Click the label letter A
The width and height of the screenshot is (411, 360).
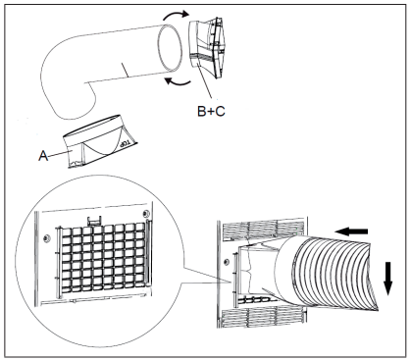[43, 156]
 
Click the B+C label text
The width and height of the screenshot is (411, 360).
[211, 111]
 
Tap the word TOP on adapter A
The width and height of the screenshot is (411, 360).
[126, 143]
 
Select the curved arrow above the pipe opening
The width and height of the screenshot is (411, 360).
[176, 15]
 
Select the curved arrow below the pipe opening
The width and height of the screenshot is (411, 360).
[178, 82]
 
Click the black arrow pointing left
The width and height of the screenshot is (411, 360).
[351, 231]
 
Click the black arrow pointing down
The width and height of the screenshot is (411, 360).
[387, 279]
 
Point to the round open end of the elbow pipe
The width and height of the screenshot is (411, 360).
[169, 50]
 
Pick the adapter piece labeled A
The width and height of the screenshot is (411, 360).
[101, 142]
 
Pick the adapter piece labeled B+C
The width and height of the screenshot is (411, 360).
[207, 47]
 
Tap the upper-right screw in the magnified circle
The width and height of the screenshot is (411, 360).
[146, 214]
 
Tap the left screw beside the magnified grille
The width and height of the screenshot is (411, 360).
[46, 239]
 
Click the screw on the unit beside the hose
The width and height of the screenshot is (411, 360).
[226, 262]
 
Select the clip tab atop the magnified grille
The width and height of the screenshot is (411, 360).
[94, 221]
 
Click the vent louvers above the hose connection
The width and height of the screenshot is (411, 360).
[264, 230]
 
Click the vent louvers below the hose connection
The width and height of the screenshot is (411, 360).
[264, 318]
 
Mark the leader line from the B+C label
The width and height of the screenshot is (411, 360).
[206, 80]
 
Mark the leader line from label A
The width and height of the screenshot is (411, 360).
[60, 154]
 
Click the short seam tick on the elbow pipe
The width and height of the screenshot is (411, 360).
[124, 70]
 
